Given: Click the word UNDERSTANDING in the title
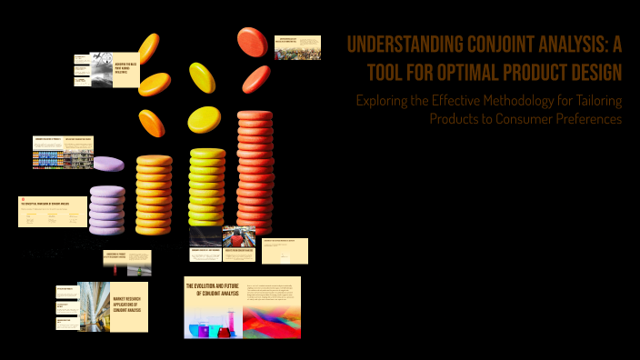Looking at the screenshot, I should click(x=400, y=45).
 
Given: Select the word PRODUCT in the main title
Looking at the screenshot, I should click(x=535, y=71).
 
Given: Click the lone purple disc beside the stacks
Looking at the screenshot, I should click(x=108, y=165).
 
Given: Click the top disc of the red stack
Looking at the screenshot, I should click(x=255, y=116).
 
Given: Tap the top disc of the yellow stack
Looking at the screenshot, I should click(x=207, y=153).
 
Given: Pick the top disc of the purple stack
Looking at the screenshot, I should click(x=107, y=191).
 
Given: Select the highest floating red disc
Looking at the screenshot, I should click(x=252, y=40).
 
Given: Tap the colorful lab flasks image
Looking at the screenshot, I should click(x=211, y=319).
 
